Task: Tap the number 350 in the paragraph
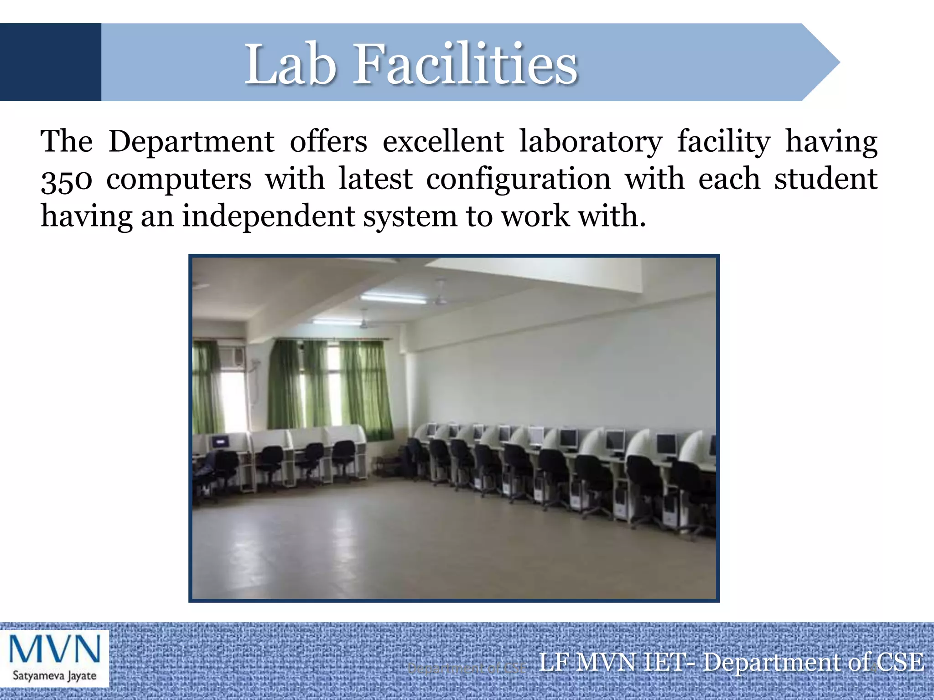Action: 67,180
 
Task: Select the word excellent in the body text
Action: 443,142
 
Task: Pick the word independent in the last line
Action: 268,216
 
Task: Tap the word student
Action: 825,179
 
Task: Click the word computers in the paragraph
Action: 179,180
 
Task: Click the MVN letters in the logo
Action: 54,649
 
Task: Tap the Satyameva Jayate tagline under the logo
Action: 54,675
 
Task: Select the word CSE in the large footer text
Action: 901,662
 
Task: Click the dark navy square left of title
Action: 50,62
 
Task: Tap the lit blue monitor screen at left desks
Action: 220,441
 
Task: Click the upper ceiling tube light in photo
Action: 393,299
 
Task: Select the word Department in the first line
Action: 192,142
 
